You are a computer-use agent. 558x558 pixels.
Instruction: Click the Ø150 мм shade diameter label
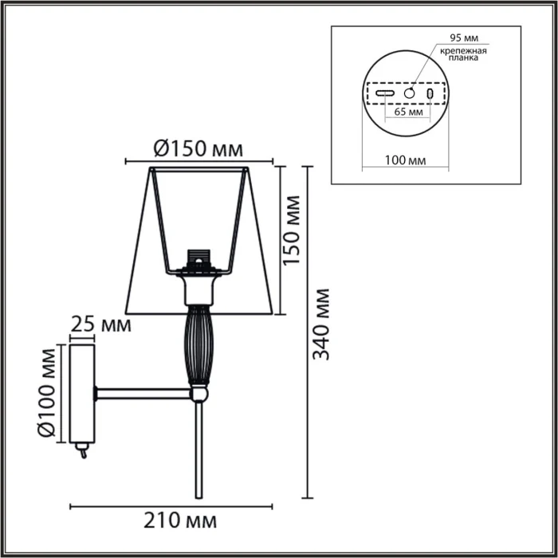[197, 148]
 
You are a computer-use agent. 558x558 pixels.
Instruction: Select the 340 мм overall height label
[321, 324]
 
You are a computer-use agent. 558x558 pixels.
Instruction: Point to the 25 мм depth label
[101, 324]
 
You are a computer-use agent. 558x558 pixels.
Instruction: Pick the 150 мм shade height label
[293, 230]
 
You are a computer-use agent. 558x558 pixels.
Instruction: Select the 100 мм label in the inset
[405, 160]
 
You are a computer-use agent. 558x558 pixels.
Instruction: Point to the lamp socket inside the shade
[196, 262]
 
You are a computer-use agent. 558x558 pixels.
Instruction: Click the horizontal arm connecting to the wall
[143, 393]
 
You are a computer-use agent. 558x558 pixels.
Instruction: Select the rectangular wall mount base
[84, 392]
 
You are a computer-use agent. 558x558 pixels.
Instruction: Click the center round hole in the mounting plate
[409, 93]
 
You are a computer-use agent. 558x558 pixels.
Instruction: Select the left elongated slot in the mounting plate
[385, 93]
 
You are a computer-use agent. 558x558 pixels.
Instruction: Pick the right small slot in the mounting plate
[430, 93]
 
